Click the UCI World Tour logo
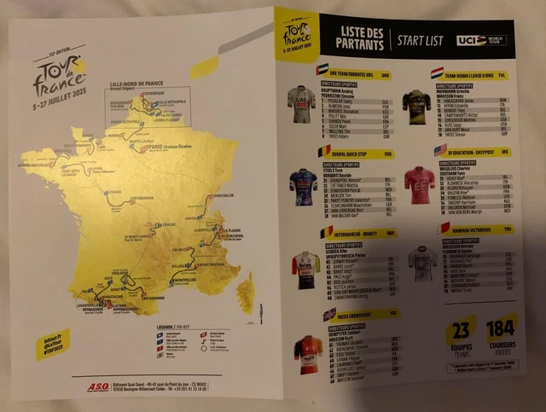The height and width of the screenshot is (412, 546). [x=482, y=40]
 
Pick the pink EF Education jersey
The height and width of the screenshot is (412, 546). [x=418, y=183]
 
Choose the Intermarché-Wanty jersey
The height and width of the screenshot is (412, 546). [x=305, y=269]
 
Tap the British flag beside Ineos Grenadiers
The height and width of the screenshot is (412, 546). [x=328, y=314]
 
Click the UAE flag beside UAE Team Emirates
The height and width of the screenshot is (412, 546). [x=322, y=69]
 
